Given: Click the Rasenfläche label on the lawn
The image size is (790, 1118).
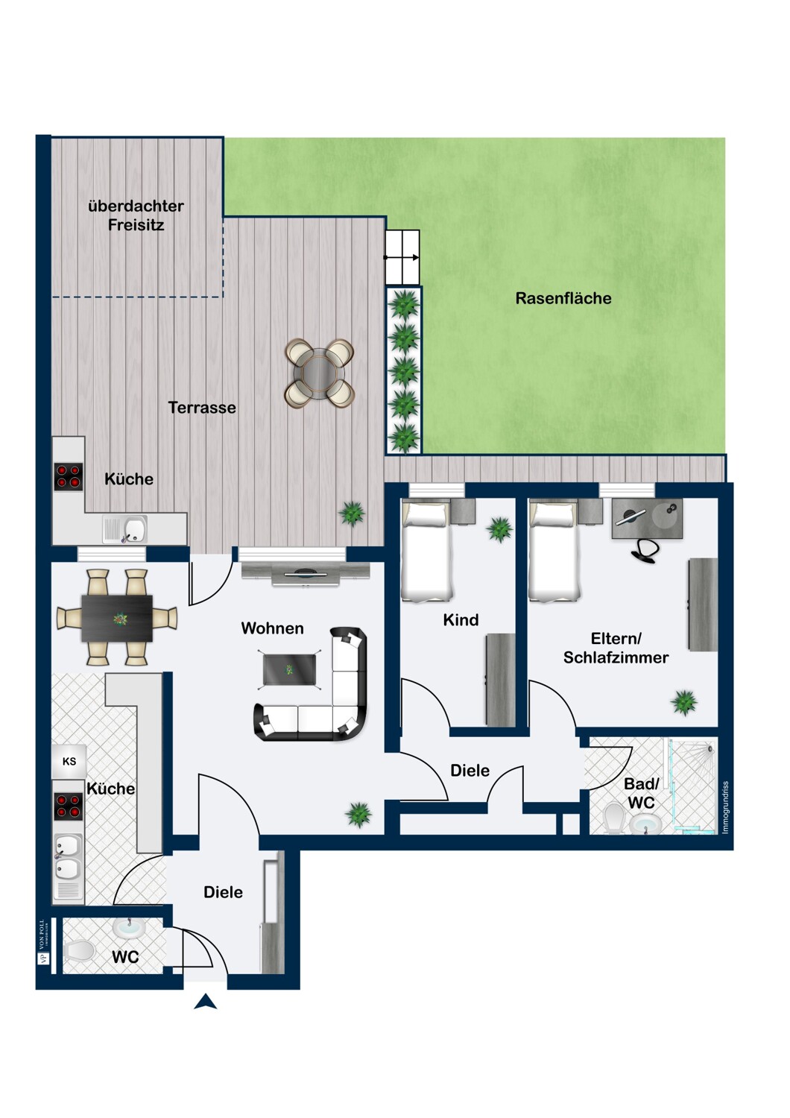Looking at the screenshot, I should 563,298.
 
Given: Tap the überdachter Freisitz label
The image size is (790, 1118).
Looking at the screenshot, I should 136,215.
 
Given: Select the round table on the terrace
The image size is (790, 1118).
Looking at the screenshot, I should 320,373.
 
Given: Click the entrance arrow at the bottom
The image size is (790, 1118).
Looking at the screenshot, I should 206,1002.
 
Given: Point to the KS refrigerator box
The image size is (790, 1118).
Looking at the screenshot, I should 69,761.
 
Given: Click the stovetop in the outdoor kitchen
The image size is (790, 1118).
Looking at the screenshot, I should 68,477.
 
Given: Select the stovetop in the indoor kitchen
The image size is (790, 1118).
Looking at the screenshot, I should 68,806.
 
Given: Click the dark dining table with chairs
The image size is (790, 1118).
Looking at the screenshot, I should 117,618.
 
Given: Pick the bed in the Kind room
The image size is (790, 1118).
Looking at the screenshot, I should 426,552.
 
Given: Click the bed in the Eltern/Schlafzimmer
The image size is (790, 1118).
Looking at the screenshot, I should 553,552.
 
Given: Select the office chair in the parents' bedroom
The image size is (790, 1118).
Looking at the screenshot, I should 645,550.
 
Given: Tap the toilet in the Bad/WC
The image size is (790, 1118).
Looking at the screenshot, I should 615,818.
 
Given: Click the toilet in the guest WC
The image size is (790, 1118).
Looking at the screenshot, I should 80,951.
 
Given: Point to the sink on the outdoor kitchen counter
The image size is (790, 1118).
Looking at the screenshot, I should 134,530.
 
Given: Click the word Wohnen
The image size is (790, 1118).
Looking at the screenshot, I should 272,628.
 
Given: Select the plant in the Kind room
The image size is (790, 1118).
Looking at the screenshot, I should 499,530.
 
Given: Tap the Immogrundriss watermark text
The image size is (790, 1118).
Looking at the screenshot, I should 725,807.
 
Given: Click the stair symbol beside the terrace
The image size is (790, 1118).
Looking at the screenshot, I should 402,257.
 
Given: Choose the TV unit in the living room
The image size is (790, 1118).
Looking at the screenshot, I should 306,573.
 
